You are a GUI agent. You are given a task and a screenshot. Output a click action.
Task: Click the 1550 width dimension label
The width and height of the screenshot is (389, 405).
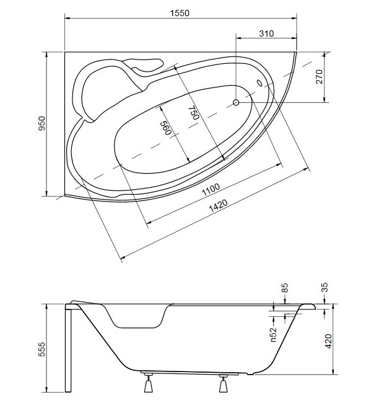180,13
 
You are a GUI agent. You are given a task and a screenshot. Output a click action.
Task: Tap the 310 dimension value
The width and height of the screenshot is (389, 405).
266,33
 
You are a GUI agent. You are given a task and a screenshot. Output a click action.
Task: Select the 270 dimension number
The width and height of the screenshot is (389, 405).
319,76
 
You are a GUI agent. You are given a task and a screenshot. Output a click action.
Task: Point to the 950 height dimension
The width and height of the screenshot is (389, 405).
42,123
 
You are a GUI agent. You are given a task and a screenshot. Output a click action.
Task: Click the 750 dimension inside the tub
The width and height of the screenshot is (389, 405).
195,113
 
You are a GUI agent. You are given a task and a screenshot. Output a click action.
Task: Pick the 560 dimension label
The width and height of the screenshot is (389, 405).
167,128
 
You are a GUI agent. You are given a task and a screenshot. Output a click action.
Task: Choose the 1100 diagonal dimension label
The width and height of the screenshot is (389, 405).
211,189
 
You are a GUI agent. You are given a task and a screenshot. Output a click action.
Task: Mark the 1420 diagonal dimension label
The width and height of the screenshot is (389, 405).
218,205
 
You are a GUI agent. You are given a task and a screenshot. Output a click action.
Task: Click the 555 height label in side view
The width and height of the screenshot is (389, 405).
42,349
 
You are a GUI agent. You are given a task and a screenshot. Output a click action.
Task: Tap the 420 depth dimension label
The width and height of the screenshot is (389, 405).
329,341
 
